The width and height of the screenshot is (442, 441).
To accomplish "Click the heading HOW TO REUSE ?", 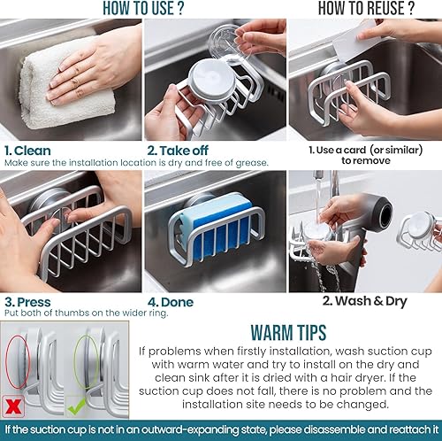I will [365, 9].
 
